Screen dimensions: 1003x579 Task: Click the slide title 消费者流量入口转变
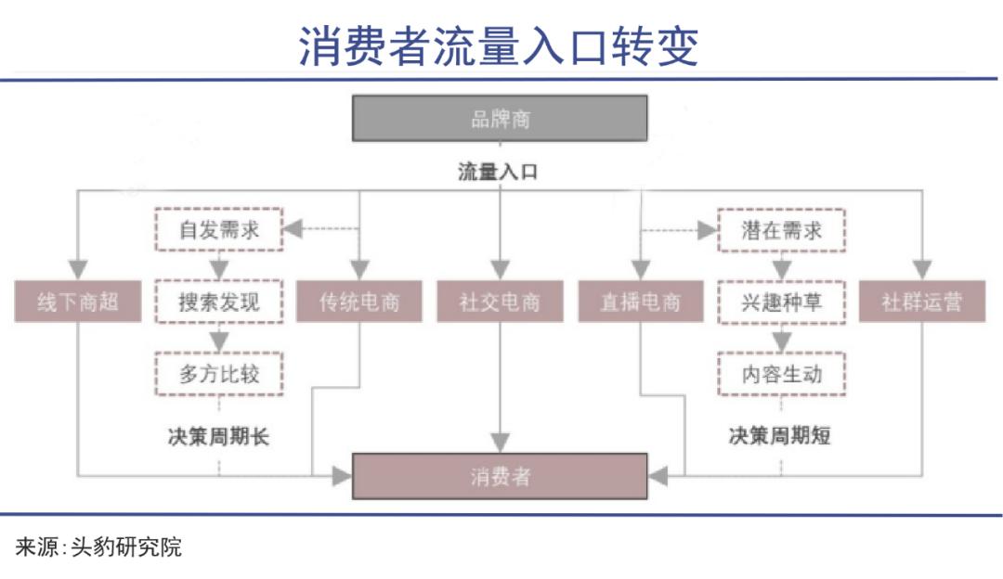click(499, 46)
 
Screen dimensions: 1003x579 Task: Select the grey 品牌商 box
click(500, 118)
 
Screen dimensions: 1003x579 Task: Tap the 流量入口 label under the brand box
click(498, 172)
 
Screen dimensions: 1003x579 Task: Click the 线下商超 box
click(77, 301)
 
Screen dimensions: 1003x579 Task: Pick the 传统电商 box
click(358, 301)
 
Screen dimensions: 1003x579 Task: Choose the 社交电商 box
click(500, 301)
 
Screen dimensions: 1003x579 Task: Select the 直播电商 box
click(640, 301)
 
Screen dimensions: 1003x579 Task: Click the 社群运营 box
click(922, 301)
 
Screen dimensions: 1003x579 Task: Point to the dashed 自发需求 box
click(219, 229)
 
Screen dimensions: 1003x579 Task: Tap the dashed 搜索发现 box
click(219, 302)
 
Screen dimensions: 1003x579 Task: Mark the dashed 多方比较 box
click(219, 374)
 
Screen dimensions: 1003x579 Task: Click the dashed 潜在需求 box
click(781, 230)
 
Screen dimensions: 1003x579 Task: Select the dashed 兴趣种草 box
click(781, 302)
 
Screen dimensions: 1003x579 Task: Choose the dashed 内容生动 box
click(781, 375)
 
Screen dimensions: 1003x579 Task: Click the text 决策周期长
click(219, 436)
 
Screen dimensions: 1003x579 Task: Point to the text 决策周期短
click(780, 436)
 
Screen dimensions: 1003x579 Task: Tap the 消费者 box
click(500, 476)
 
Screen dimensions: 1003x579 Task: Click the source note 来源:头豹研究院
click(98, 547)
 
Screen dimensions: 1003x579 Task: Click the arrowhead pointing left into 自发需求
click(293, 229)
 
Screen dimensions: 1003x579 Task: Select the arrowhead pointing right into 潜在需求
click(708, 230)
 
